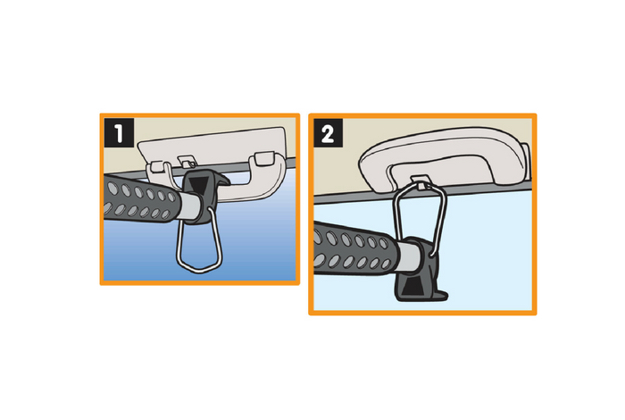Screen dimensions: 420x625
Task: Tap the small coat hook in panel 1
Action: (187, 162)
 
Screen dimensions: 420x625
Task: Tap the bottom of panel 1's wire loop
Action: (197, 265)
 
